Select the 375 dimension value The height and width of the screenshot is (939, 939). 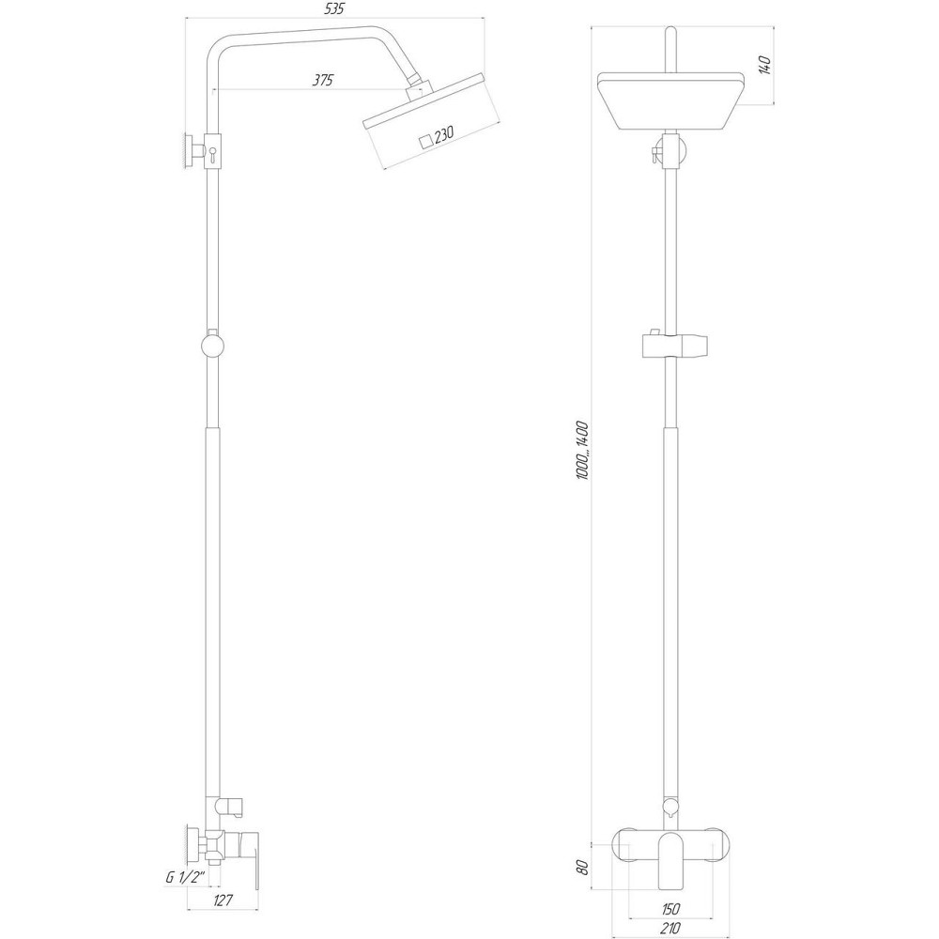pyautogui.click(x=323, y=81)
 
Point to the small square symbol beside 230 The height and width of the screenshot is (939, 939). pyautogui.click(x=426, y=141)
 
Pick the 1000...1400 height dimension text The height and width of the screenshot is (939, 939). pyautogui.click(x=582, y=451)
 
